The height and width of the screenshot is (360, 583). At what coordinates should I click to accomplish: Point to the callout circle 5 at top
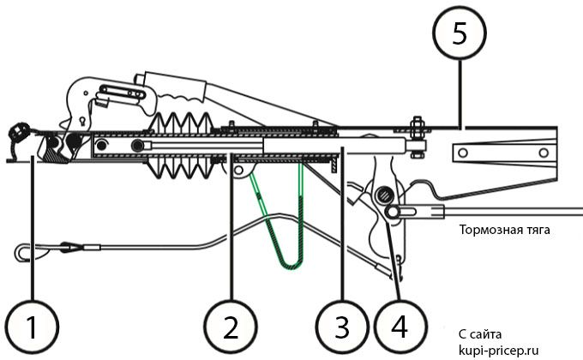460,35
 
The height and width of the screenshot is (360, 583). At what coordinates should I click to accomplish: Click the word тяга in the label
534,230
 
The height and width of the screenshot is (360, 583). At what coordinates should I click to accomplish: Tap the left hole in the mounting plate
464,152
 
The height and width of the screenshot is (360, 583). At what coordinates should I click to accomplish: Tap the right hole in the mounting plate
534,152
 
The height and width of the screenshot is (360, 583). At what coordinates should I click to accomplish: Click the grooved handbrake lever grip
182,86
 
